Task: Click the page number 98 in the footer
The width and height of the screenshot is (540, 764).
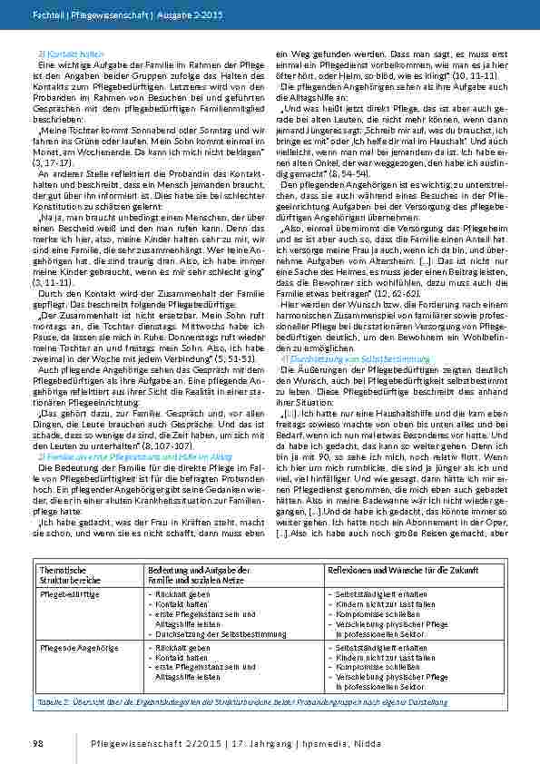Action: pyautogui.click(x=38, y=744)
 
